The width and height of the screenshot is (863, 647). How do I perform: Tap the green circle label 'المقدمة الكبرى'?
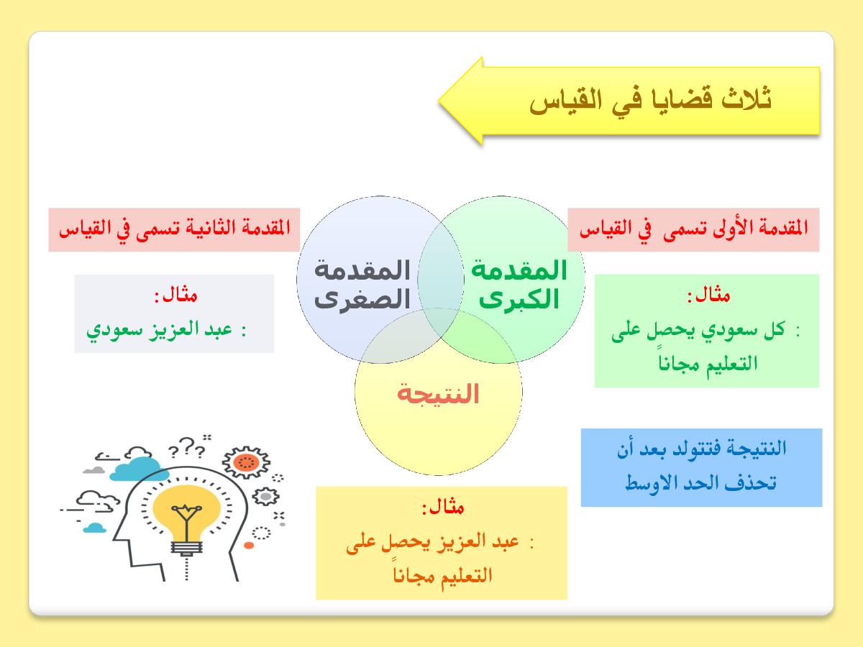coord(519,285)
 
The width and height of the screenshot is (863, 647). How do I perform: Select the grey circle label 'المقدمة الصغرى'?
coord(362,285)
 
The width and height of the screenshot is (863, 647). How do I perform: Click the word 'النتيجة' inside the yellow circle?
coord(438,394)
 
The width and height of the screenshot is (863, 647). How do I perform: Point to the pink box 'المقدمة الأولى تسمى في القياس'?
coord(693,229)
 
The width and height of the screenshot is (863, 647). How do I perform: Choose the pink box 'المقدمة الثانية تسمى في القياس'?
coord(174,229)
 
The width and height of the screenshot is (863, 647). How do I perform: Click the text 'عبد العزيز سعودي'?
coord(159,330)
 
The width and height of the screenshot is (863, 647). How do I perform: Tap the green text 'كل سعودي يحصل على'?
coord(698,330)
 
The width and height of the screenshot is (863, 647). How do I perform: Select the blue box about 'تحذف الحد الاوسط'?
coord(701,467)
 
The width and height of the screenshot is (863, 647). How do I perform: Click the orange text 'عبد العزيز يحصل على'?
coord(433,543)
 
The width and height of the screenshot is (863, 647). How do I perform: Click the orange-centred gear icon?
coord(246,462)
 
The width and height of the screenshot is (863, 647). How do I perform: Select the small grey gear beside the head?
coord(266,497)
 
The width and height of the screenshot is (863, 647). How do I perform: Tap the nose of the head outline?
coord(117,536)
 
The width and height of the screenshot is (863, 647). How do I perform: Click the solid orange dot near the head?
coord(249,545)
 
